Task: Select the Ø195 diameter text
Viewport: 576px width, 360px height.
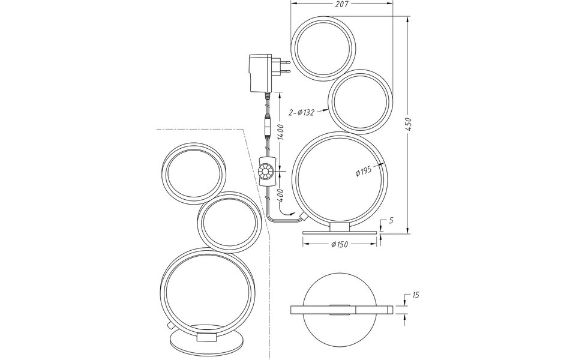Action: tap(363, 172)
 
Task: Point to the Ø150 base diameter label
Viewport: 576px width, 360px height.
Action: tap(340, 244)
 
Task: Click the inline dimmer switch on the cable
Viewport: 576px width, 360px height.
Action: tap(265, 170)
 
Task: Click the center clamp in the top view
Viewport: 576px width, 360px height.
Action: tap(340, 309)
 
